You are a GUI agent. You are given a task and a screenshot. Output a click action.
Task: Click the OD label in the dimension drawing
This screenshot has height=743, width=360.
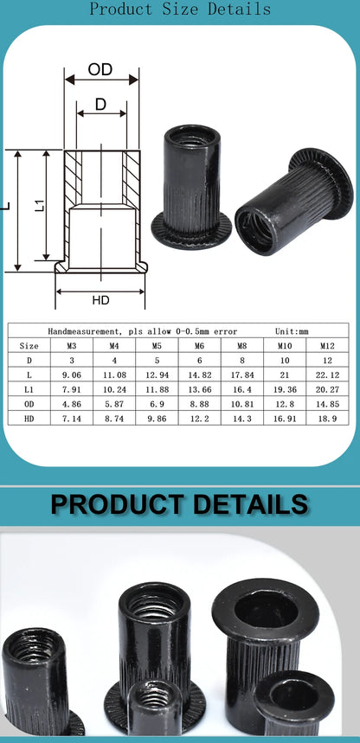tap(100, 69)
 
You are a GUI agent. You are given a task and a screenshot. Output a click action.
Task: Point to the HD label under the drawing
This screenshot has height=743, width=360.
tap(100, 300)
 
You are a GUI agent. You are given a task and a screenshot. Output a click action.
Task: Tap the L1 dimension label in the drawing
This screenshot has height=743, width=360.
tap(38, 206)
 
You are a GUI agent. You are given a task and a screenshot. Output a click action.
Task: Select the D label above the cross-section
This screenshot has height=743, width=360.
tap(100, 105)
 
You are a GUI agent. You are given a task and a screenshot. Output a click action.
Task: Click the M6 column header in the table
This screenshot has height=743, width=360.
tap(200, 345)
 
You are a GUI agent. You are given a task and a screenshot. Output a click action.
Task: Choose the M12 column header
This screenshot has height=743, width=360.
tap(326, 345)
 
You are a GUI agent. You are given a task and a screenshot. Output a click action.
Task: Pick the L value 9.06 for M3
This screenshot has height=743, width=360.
tap(73, 375)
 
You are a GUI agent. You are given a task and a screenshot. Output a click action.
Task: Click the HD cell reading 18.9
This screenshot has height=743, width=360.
tap(326, 418)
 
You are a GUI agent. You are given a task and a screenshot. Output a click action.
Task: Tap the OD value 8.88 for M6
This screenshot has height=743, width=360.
tap(200, 404)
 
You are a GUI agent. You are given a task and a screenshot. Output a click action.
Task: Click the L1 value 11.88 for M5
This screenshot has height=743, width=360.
tap(157, 389)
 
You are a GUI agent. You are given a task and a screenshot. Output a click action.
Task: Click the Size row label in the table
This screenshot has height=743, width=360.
tap(29, 345)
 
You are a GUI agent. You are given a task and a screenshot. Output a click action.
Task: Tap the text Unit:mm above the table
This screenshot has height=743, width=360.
tap(292, 330)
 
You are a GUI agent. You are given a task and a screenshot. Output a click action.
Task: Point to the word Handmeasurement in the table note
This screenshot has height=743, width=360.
tap(80, 330)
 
